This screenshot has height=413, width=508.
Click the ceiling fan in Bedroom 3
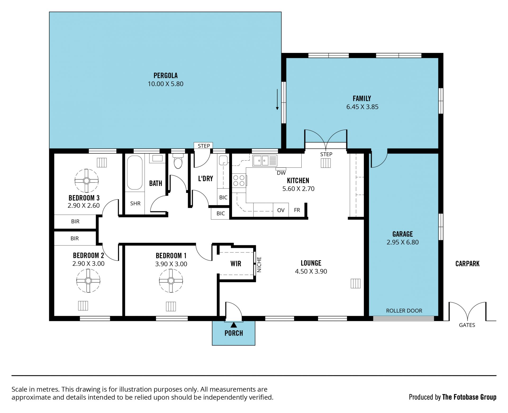(x=87, y=181)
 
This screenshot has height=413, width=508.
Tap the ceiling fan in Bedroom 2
(x=88, y=281)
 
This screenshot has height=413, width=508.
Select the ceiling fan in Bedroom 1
(x=171, y=281)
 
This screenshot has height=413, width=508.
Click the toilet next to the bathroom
(x=178, y=161)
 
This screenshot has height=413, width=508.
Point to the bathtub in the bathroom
(x=135, y=173)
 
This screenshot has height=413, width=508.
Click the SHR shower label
(x=135, y=203)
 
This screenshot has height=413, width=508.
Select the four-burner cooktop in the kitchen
(x=239, y=180)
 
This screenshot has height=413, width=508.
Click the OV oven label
(x=281, y=210)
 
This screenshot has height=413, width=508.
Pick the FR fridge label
(x=297, y=210)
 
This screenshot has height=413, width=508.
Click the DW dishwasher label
(x=281, y=173)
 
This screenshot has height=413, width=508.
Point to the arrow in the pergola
(x=277, y=99)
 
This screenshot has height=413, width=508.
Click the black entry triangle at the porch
(x=234, y=324)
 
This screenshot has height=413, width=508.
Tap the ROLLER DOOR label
(x=404, y=311)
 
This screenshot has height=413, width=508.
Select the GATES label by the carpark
(x=467, y=325)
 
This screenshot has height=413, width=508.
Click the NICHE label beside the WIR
(x=259, y=264)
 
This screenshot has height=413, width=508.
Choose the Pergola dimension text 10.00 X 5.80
(x=165, y=84)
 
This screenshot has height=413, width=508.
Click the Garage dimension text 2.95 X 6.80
(x=402, y=242)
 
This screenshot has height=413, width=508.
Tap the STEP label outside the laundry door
(x=204, y=146)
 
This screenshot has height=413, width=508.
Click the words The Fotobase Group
(x=469, y=397)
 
